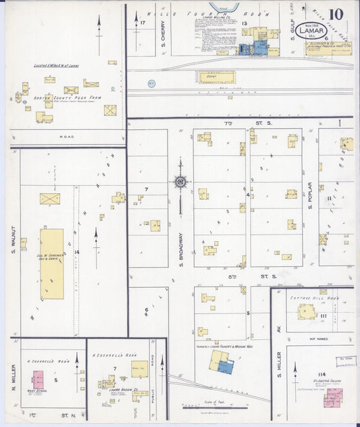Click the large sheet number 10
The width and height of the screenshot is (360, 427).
(336, 14)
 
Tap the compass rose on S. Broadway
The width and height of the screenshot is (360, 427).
(180, 181)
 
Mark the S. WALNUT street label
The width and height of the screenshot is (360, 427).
(14, 246)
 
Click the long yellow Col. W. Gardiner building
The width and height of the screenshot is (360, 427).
(52, 263)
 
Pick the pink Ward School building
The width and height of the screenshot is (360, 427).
(37, 379)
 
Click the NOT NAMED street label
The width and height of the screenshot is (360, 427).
(322, 338)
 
